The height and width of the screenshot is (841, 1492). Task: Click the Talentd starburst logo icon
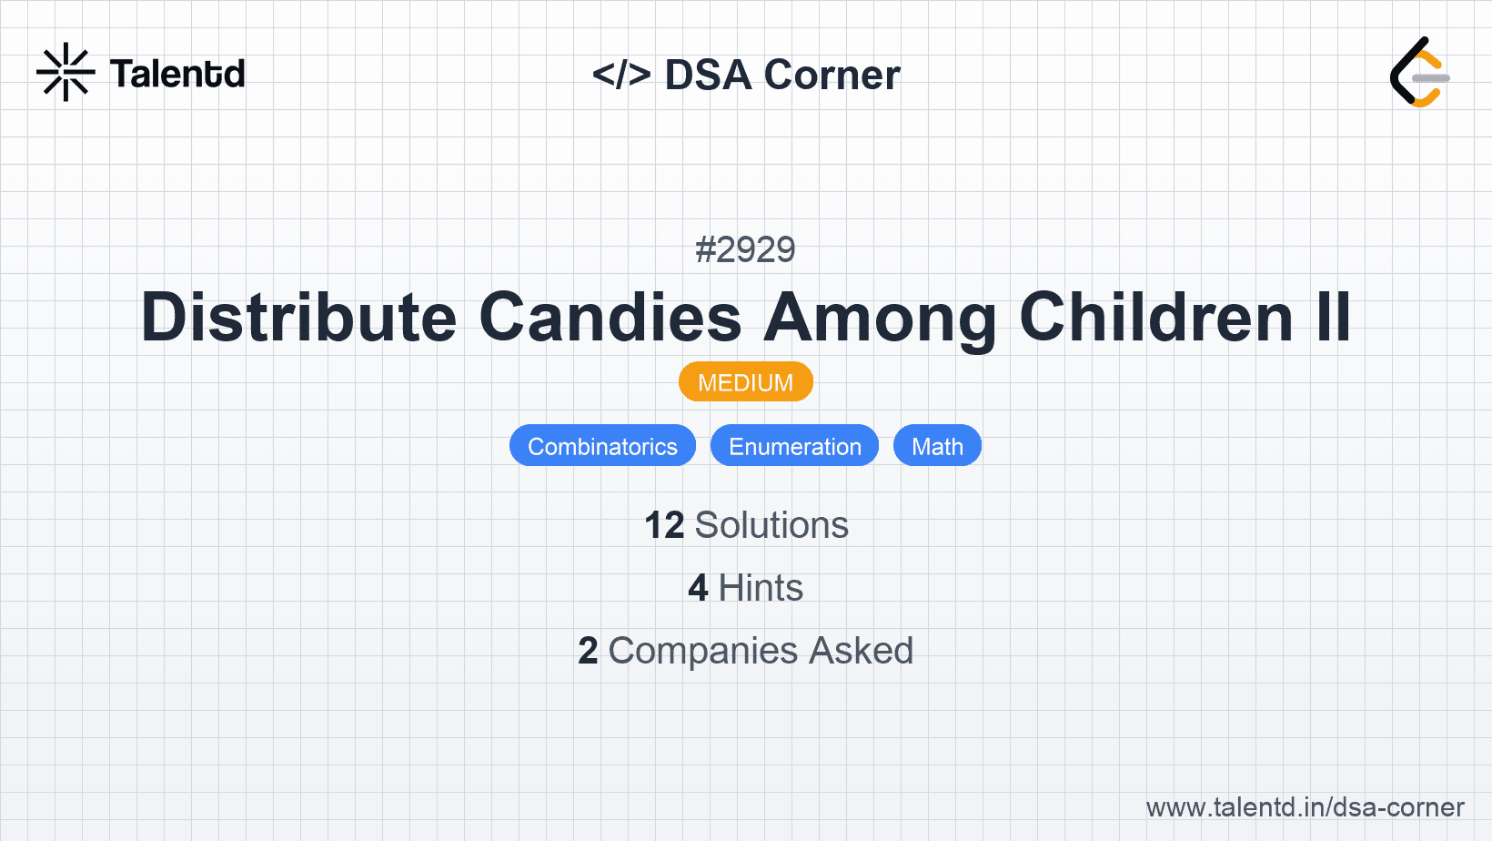pyautogui.click(x=66, y=73)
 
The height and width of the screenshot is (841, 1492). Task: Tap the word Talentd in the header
pyautogui.click(x=177, y=74)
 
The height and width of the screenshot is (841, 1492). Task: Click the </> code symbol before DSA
pyautogui.click(x=621, y=75)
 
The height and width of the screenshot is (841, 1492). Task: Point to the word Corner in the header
pyautogui.click(x=832, y=75)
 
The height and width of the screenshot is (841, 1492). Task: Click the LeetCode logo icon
pyautogui.click(x=1419, y=73)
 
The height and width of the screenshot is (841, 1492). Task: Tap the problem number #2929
pyautogui.click(x=745, y=249)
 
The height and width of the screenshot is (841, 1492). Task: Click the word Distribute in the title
pyautogui.click(x=299, y=318)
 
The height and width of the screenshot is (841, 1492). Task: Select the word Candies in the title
pyautogui.click(x=610, y=318)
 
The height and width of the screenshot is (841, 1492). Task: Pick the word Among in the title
pyautogui.click(x=881, y=318)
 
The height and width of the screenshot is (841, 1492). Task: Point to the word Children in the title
pyautogui.click(x=1156, y=318)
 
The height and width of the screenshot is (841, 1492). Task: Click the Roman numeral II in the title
pyautogui.click(x=1333, y=318)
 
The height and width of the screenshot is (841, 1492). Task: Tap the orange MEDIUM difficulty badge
pyautogui.click(x=745, y=382)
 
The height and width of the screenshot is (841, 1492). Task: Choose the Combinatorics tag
pyautogui.click(x=602, y=446)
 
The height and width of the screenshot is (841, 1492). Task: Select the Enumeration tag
pyautogui.click(x=794, y=446)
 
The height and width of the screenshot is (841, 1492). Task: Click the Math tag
pyautogui.click(x=937, y=446)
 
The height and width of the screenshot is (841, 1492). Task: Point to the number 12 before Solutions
pyautogui.click(x=664, y=525)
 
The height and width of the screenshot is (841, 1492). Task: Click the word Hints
pyautogui.click(x=761, y=588)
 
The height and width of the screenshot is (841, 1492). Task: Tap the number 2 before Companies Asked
pyautogui.click(x=588, y=651)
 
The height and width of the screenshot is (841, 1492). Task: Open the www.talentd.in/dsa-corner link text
pyautogui.click(x=1305, y=807)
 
